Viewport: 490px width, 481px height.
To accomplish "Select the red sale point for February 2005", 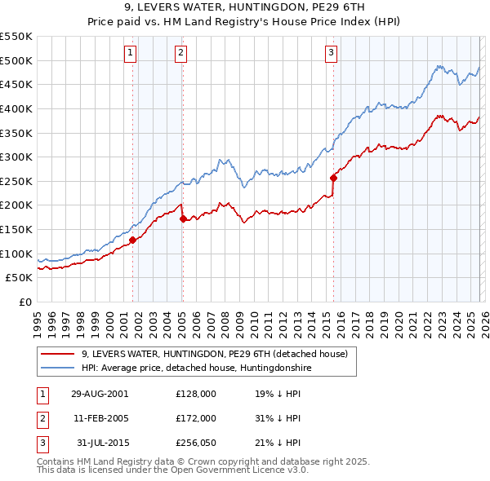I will [x=182, y=218].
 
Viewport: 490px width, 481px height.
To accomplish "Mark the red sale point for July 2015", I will [x=333, y=178].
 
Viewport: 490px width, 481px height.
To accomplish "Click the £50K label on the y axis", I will [x=20, y=278].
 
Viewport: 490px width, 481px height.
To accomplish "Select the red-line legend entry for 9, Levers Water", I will [x=215, y=354].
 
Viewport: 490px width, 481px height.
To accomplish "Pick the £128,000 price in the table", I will [x=196, y=393].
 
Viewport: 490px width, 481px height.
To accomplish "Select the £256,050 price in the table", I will [x=196, y=443].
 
